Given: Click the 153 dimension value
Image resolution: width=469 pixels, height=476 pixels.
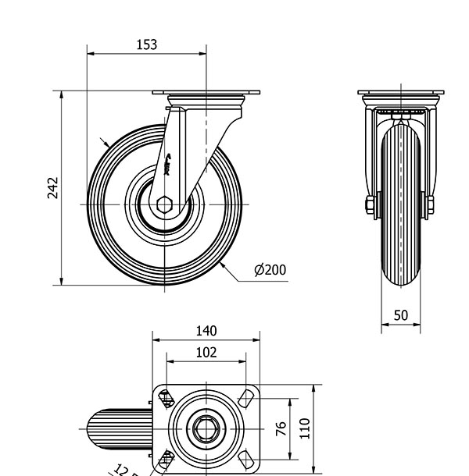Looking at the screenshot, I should click(147, 44).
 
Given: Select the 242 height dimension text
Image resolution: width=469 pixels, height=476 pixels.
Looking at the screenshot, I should click(53, 188).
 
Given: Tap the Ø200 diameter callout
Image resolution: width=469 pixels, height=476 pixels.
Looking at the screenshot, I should click(270, 270).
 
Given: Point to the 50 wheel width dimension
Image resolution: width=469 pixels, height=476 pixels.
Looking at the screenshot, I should click(400, 315).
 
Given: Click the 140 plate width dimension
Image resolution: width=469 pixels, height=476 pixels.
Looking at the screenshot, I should click(206, 331).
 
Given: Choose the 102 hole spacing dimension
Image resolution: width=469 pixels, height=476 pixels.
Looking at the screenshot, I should click(206, 352).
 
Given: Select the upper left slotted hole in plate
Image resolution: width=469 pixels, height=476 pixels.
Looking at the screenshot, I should click(166, 399).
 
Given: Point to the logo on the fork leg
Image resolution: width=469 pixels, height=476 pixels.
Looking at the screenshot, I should click(170, 164).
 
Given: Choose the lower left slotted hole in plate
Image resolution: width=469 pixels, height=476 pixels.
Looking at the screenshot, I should click(166, 460).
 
